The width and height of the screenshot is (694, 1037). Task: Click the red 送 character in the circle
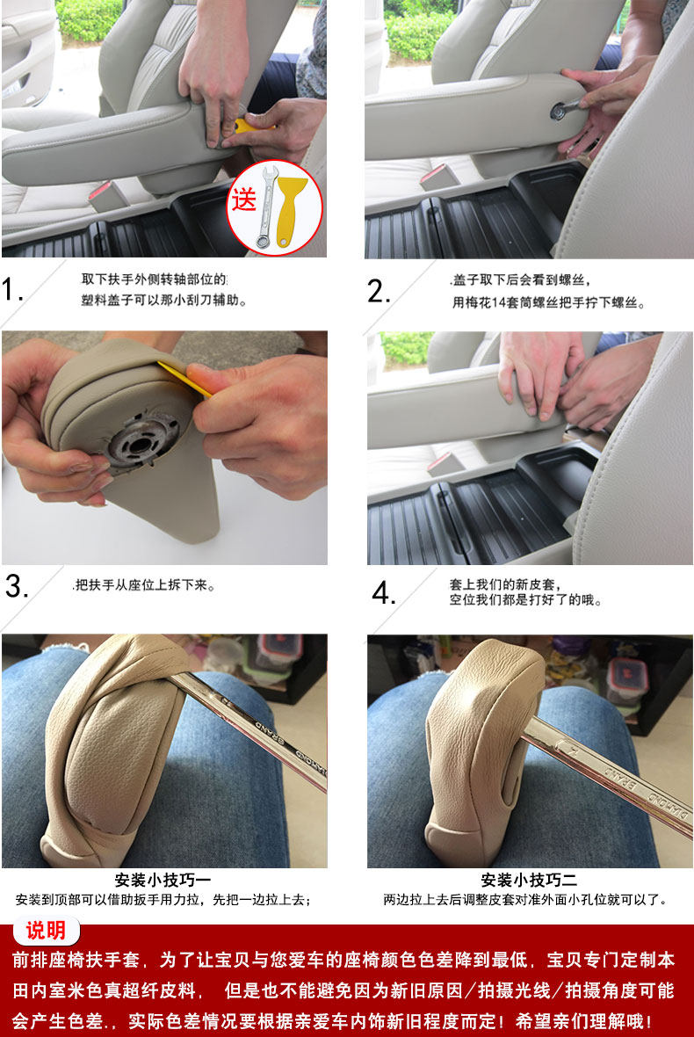coord(243,199)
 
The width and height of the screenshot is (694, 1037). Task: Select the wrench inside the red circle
coord(266,207)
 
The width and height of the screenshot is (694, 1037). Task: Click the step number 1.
coord(12,290)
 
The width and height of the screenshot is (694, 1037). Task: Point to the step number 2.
coord(378,291)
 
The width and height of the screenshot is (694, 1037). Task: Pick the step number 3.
coord(16,586)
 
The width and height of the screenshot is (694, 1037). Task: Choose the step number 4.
coord(383,592)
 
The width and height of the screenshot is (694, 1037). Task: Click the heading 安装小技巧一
coord(163,880)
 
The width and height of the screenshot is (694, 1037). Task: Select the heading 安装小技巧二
coord(529,880)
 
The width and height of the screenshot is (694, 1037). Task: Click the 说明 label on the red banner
coord(46,931)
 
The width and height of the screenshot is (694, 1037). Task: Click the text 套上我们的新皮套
coord(503,584)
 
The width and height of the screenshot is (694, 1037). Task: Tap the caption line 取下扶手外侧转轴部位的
coord(154,279)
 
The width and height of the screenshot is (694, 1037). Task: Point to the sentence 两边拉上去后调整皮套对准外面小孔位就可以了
coord(525,899)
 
